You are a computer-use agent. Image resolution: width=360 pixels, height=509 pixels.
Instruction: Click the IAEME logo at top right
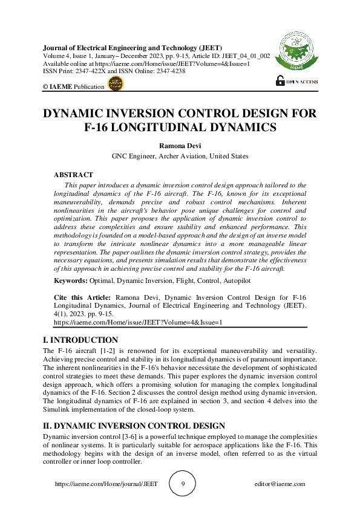pyautogui.click(x=293, y=52)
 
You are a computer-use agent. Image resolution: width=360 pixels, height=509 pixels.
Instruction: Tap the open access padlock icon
pyautogui.click(x=280, y=80)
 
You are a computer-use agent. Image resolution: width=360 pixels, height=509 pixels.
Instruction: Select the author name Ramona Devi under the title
pyautogui.click(x=180, y=146)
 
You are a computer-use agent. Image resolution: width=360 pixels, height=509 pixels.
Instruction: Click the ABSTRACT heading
pyautogui.click(x=73, y=175)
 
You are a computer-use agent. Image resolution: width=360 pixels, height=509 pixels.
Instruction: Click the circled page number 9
pyautogui.click(x=183, y=484)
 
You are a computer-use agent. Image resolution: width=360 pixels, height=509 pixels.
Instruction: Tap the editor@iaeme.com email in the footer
pyautogui.click(x=280, y=484)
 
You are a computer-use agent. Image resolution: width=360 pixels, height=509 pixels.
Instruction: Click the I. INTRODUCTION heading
pyautogui.click(x=81, y=340)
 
